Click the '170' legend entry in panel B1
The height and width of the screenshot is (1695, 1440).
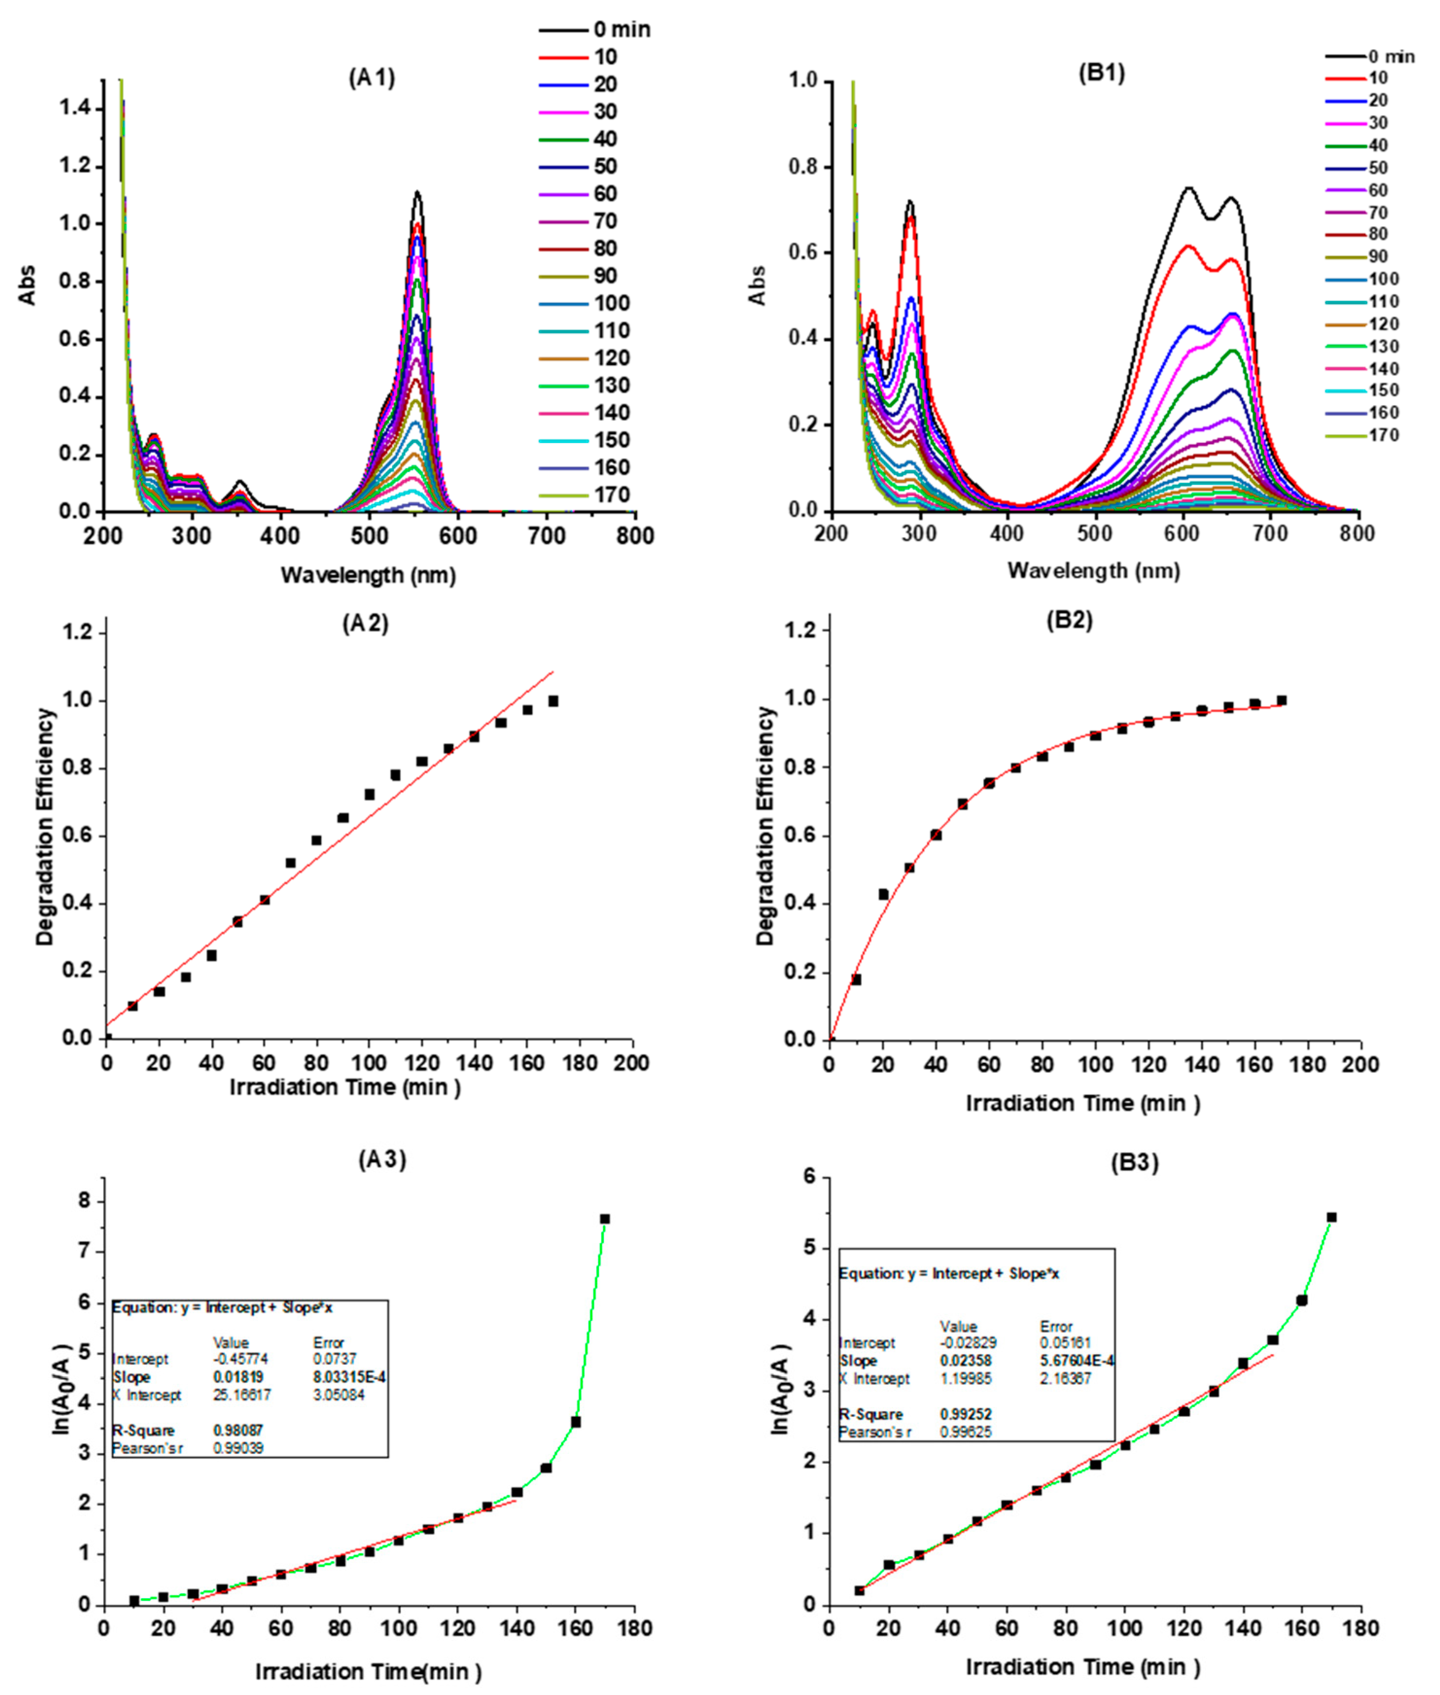click(1384, 435)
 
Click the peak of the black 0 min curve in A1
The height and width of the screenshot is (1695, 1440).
click(417, 193)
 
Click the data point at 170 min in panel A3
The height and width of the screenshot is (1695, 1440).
click(605, 1219)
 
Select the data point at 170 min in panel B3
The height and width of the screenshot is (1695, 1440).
click(1332, 1218)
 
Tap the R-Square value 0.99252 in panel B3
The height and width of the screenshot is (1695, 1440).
click(966, 1414)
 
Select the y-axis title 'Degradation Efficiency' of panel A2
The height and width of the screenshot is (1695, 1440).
click(45, 827)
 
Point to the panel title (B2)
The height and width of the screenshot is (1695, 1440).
click(1070, 620)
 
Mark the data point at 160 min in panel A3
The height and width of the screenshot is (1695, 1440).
click(576, 1421)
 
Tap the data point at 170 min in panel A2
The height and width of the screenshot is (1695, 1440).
click(553, 701)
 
